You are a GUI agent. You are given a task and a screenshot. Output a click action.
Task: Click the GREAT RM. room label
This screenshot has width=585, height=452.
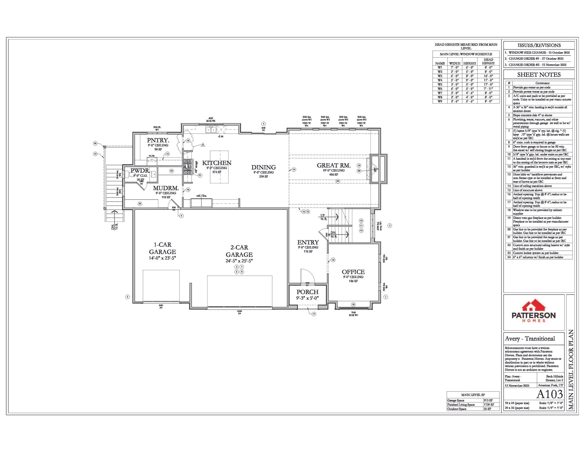coord(333,165)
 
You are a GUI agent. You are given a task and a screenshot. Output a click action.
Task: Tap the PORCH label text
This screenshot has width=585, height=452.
coord(307,292)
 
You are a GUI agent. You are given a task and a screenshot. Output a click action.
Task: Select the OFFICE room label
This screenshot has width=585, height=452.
coord(353,272)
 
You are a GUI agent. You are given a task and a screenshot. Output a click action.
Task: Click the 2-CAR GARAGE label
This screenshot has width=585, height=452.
coord(239,251)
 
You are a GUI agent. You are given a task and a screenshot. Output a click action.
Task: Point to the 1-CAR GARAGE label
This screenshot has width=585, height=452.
coord(162,248)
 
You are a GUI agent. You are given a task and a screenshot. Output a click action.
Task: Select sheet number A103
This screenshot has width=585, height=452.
coord(549,394)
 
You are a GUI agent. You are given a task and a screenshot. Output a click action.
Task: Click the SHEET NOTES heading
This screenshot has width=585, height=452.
coord(539,75)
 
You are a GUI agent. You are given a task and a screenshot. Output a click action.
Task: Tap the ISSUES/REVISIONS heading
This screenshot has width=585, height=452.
coord(539,45)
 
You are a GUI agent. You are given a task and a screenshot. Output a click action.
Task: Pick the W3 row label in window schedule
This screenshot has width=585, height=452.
coord(440,76)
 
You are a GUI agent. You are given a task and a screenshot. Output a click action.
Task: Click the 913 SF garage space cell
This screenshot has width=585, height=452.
coord(488,401)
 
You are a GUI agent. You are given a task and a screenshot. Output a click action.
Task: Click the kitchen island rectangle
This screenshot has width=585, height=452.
coord(219,167)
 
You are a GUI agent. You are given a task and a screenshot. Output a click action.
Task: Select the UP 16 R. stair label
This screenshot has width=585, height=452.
coord(323,217)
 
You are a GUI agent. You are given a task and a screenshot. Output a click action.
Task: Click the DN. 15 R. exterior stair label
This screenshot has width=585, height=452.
coord(114,226)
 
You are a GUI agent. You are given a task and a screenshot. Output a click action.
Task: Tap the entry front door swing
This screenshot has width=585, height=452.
coord(308,277)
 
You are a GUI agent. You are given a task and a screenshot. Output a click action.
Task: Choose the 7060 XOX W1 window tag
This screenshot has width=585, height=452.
coord(353,314)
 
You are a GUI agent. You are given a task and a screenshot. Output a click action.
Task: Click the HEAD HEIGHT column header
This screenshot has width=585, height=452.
coord(488,61)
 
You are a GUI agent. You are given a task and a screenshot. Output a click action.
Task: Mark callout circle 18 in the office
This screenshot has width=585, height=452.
coord(353,305)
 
